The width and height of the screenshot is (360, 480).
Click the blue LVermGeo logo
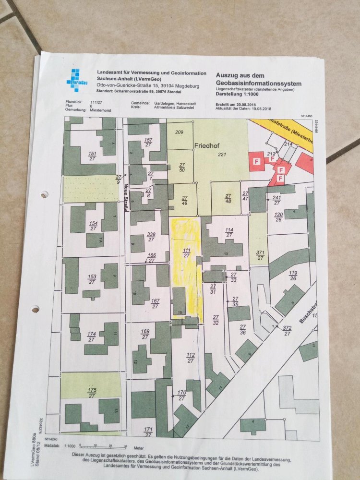click(x=77, y=79)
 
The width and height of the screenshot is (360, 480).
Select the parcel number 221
click(x=221, y=154)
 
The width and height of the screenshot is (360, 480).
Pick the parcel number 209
click(x=180, y=132)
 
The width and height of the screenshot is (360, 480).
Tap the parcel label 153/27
click(x=92, y=279)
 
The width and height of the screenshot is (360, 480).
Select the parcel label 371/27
click(x=260, y=255)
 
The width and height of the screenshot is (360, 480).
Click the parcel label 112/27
click(x=190, y=358)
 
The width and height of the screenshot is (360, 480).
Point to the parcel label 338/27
click(x=151, y=237)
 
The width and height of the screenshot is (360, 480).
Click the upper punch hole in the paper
click(x=44, y=195)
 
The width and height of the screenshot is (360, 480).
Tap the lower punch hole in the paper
click(x=35, y=309)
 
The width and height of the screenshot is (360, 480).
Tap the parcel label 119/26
click(x=292, y=276)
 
